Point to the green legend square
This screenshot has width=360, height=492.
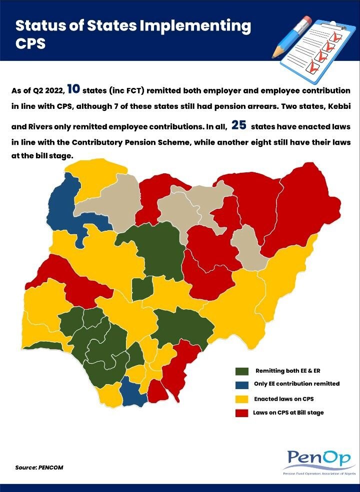pyautogui.click(x=242, y=371)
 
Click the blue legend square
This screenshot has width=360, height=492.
pyautogui.click(x=242, y=385)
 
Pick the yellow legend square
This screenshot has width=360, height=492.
pyautogui.click(x=242, y=399)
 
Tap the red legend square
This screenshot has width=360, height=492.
pyautogui.click(x=242, y=413)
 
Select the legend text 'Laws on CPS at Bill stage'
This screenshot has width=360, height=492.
pyautogui.click(x=288, y=413)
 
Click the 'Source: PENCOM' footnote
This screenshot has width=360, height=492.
pyautogui.click(x=39, y=468)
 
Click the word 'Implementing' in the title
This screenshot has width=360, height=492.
pyautogui.click(x=192, y=25)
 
